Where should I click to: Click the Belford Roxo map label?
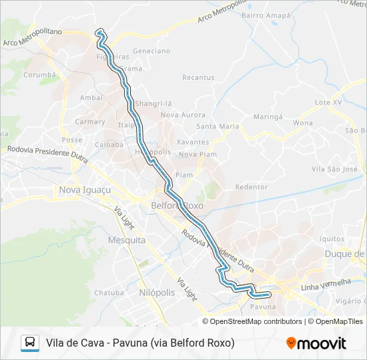click(177, 206)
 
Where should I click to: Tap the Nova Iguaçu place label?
click(83, 190)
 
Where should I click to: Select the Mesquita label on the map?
click(126, 240)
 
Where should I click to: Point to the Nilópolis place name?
click(157, 293)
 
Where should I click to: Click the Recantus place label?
click(198, 77)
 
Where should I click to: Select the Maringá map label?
click(268, 116)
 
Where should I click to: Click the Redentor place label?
click(252, 187)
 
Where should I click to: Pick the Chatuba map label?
click(109, 292)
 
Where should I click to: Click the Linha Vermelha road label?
click(326, 285)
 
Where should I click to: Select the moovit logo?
click(316, 343)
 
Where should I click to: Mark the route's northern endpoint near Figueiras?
click(100, 31)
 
